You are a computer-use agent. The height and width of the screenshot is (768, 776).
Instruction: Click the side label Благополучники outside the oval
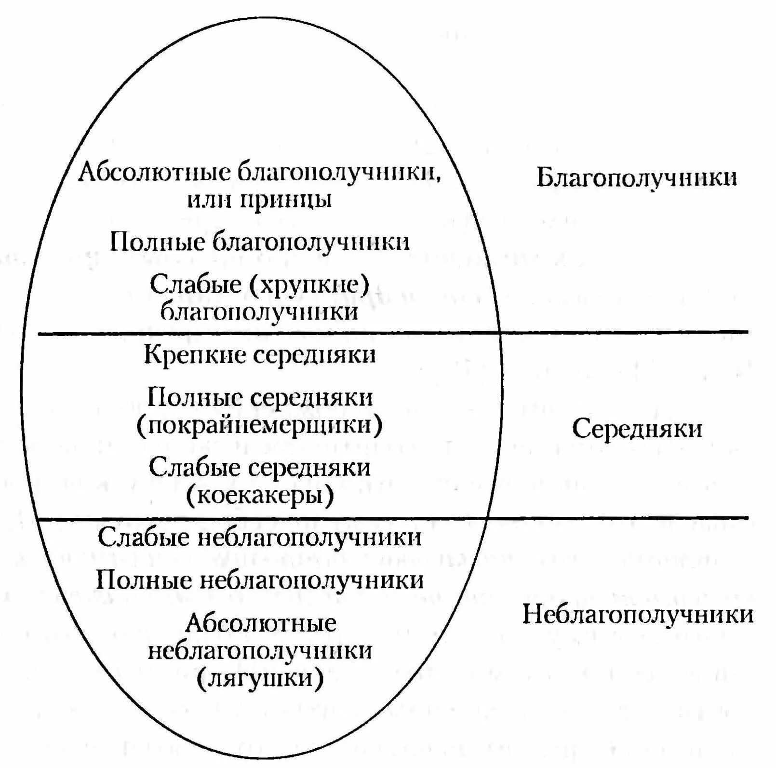tap(636, 178)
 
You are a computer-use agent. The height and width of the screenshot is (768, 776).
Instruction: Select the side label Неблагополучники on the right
tap(638, 615)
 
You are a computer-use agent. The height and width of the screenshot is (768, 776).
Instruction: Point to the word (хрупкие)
tap(309, 285)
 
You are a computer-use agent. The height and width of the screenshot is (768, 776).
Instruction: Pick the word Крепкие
tap(195, 355)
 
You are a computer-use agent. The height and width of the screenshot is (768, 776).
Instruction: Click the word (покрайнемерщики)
tap(260, 425)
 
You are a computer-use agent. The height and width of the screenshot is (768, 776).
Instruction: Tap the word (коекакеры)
tap(260, 495)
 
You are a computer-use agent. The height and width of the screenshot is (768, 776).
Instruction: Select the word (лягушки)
tap(260, 679)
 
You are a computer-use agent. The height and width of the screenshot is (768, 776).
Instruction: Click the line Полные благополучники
tap(260, 242)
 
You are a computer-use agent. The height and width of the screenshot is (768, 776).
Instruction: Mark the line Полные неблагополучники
tap(260, 580)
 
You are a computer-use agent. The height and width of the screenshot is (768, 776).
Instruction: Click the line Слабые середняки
tap(260, 468)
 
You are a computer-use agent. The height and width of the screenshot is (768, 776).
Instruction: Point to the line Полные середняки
tap(260, 398)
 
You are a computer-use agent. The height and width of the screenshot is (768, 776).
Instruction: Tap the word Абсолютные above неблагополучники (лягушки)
tap(261, 623)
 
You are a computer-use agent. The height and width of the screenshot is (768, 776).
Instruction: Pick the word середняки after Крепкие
tap(314, 356)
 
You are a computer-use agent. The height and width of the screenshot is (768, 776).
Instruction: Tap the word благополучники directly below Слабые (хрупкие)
tap(259, 312)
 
